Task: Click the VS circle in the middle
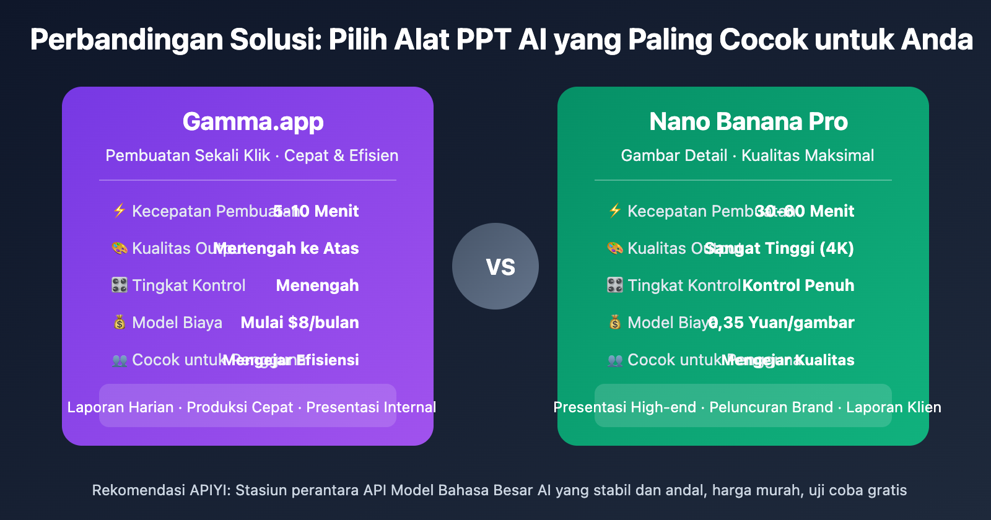[x=495, y=266]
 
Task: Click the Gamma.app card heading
[x=253, y=122]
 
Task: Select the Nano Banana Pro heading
[x=748, y=122]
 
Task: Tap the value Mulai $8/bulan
[x=300, y=323]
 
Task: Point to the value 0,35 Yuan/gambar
[x=782, y=323]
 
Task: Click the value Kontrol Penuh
[x=798, y=285]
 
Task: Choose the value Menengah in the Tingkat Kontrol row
[x=317, y=285]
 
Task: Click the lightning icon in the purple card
[x=120, y=210]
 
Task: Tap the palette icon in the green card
[x=614, y=248]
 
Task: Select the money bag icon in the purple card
[x=120, y=323]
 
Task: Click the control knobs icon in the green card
[x=614, y=285]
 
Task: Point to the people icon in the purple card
[x=120, y=360]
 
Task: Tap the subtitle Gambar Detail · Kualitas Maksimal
[x=748, y=155]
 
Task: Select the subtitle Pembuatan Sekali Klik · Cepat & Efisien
[x=251, y=155]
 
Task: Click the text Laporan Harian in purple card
[x=120, y=407]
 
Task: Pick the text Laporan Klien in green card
[x=894, y=407]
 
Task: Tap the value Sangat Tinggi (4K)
[x=779, y=248]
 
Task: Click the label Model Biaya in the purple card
[x=177, y=323]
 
